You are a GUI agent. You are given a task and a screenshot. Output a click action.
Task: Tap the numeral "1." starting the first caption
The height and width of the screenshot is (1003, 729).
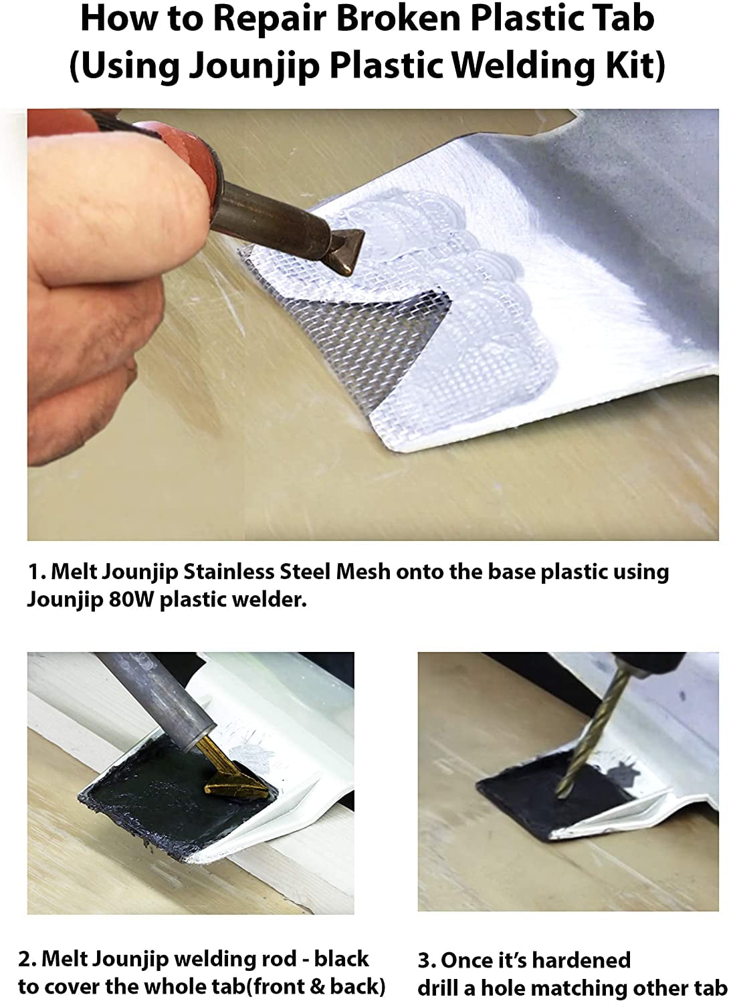[37, 572]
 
